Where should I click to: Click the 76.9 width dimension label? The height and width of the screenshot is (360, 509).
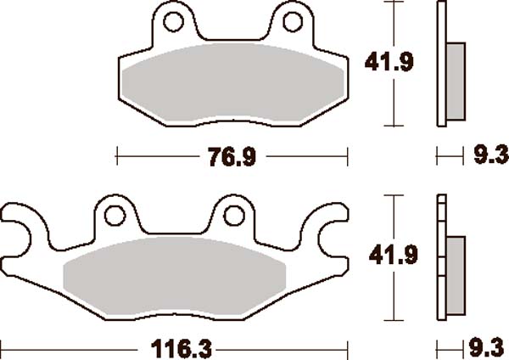[x=232, y=156]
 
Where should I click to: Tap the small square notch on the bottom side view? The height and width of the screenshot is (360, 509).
[x=441, y=204]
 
